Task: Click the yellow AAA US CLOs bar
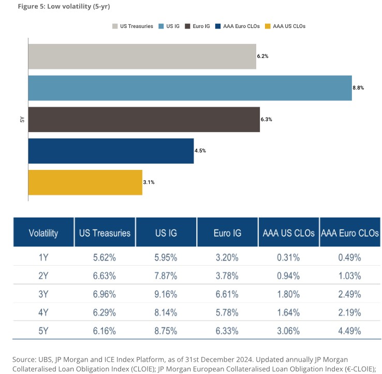click(85, 182)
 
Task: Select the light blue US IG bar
click(190, 88)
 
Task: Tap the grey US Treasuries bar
click(142, 56)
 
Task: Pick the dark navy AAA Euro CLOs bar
click(111, 151)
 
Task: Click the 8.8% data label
click(358, 88)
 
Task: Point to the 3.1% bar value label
click(149, 182)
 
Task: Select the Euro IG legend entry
click(199, 26)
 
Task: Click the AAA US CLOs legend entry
click(285, 26)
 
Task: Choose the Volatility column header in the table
click(43, 233)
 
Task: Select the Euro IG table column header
click(227, 233)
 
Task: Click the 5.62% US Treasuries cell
click(105, 257)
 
